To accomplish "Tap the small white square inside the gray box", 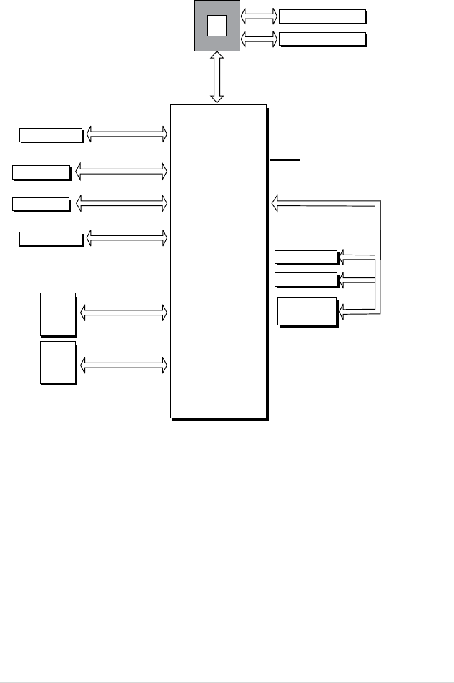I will pyautogui.click(x=217, y=25).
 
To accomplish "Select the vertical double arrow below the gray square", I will pyautogui.click(x=217, y=78).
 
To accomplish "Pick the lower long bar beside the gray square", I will pyautogui.click(x=322, y=39).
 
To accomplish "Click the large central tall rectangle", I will pyautogui.click(x=218, y=260).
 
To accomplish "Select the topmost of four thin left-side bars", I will pyautogui.click(x=50, y=134).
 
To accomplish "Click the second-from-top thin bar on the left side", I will pyautogui.click(x=41, y=172).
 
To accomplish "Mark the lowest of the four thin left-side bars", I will pyautogui.click(x=50, y=238).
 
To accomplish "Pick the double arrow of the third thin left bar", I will pyautogui.click(x=121, y=204).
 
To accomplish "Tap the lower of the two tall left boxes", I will pyautogui.click(x=58, y=363).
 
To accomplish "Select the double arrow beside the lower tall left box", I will pyautogui.click(x=124, y=365).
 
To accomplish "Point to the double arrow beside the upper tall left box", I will pyautogui.click(x=124, y=313).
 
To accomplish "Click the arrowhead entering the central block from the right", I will pyautogui.click(x=275, y=205).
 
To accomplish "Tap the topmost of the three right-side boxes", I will pyautogui.click(x=306, y=257).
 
